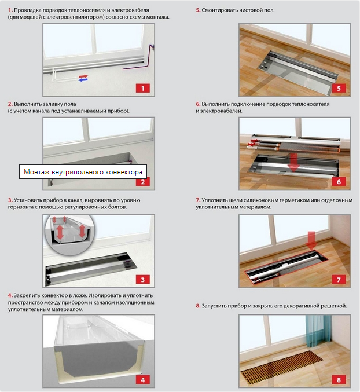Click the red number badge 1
point(142,88)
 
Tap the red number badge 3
point(142,280)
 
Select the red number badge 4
point(142,380)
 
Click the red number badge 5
point(339,88)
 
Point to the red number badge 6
point(339,182)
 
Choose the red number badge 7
point(339,280)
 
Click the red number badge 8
point(339,380)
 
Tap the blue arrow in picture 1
point(83,80)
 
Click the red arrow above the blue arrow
point(83,76)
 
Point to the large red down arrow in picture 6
point(294,163)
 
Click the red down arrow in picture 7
point(311,241)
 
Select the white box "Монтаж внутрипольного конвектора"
point(83,172)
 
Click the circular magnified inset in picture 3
point(69,234)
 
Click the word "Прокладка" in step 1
point(28,10)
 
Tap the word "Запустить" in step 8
point(214,306)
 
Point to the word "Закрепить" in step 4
point(26,295)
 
